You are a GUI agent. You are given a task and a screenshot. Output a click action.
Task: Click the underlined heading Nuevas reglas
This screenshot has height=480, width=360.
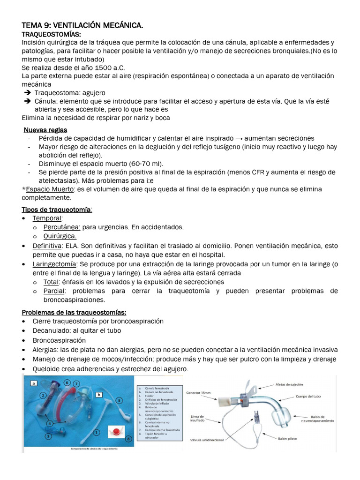pyautogui.click(x=45, y=130)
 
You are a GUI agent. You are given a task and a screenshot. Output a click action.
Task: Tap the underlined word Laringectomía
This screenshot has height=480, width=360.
pyautogui.click(x=53, y=264)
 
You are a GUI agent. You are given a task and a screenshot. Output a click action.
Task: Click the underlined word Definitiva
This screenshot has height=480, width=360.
pyautogui.click(x=47, y=246)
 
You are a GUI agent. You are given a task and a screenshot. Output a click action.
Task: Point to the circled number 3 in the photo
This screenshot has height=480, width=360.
pyautogui.click(x=48, y=436)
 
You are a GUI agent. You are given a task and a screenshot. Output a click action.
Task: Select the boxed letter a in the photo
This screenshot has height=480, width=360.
pyautogui.click(x=34, y=383)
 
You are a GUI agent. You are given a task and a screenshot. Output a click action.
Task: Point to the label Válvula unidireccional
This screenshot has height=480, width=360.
pyautogui.click(x=210, y=440)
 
